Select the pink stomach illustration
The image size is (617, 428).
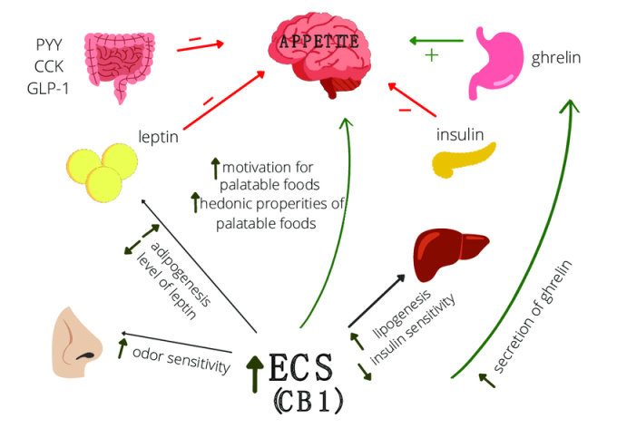tap(501, 62)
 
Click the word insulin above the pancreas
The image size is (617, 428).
tap(458, 134)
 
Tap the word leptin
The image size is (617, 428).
tap(158, 138)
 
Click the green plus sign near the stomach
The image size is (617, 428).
tap(431, 55)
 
